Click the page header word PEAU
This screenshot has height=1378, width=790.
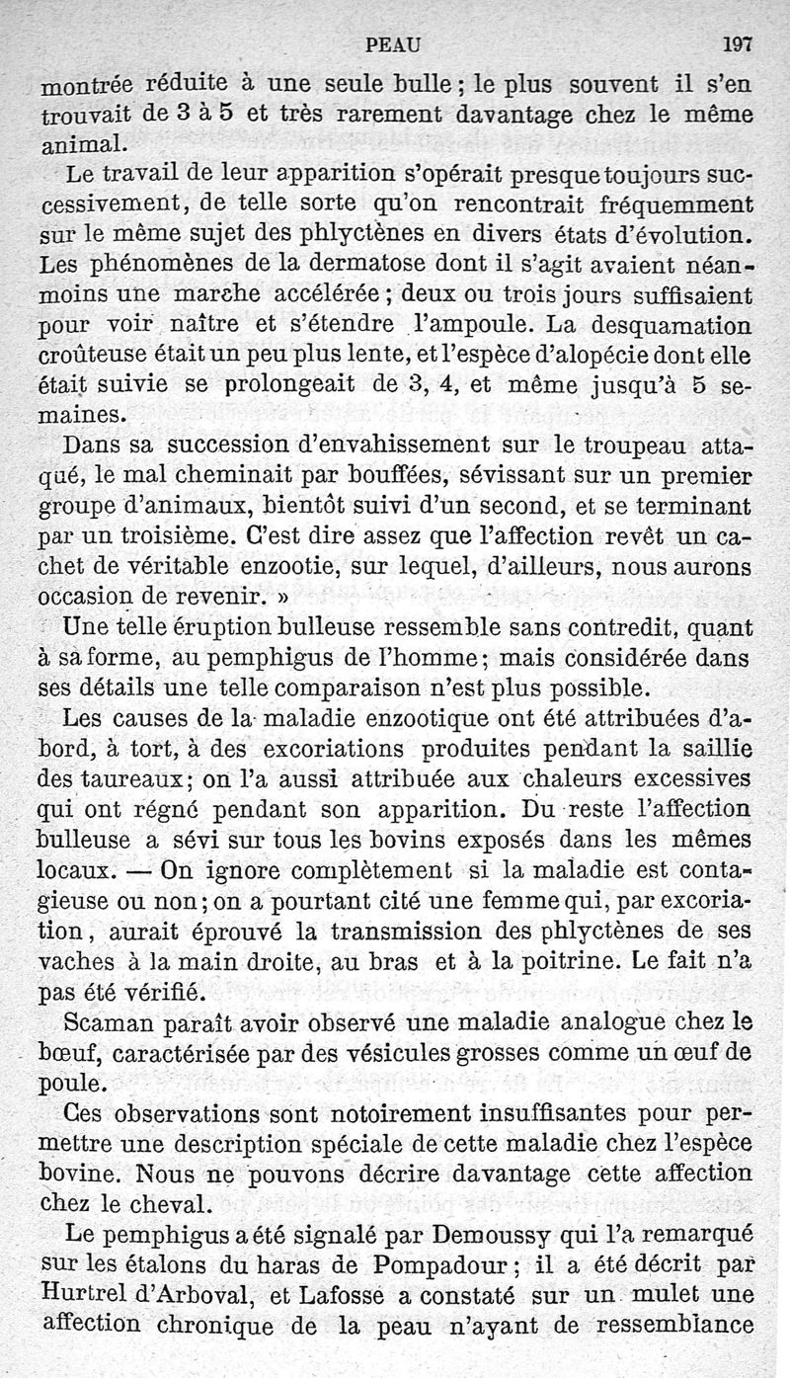pyautogui.click(x=393, y=43)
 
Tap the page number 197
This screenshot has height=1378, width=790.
pyautogui.click(x=737, y=43)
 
